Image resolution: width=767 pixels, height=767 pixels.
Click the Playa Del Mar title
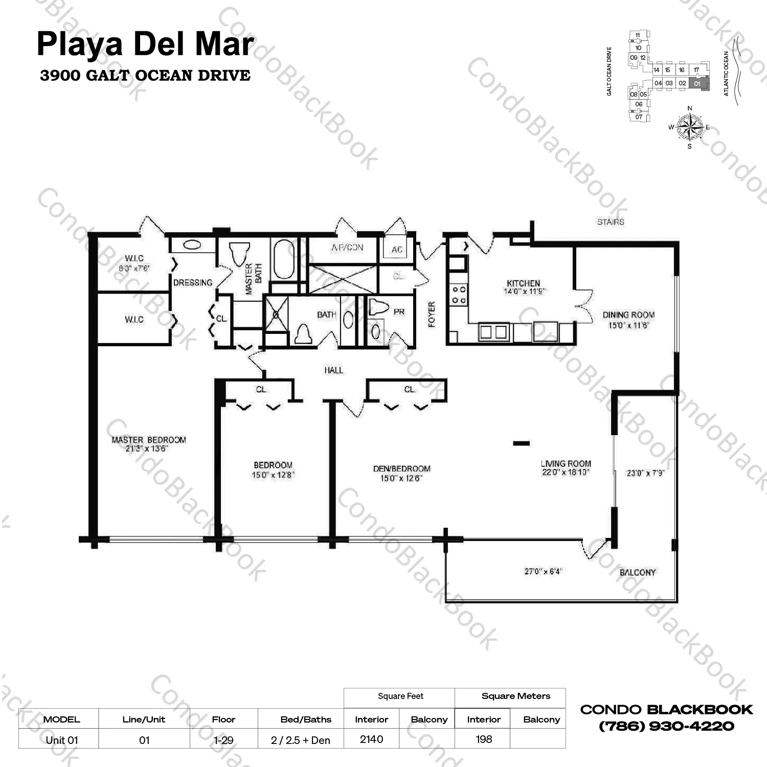pos(145,44)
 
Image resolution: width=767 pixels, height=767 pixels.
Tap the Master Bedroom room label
pos(149,440)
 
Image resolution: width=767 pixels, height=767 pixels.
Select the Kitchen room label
pos(523,283)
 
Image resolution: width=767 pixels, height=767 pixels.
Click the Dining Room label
pos(628,315)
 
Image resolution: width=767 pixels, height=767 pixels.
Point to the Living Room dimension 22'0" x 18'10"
pos(566,472)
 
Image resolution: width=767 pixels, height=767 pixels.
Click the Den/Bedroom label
pos(401,468)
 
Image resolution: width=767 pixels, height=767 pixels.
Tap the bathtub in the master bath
pos(284,259)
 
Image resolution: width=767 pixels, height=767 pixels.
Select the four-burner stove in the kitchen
pos(459,295)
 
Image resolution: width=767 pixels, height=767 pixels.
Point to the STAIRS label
pos(611,222)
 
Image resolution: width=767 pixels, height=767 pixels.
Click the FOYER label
pos(432,314)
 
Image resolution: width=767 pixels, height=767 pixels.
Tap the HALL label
pos(333,370)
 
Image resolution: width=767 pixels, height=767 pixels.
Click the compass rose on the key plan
pos(690,127)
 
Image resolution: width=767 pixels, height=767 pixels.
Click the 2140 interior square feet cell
pos(371,739)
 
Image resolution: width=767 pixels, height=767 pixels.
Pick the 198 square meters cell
pos(483,739)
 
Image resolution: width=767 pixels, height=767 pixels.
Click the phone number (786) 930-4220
pos(666,726)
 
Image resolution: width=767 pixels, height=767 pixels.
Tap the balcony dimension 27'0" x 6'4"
pos(542,571)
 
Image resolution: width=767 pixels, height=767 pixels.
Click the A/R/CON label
pos(347,247)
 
